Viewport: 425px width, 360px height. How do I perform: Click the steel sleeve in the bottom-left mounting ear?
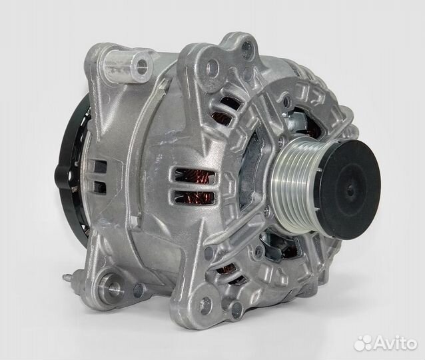(x=114, y=288)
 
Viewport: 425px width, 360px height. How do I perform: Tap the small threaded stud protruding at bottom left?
(x=69, y=277)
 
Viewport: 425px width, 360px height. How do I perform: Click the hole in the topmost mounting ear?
(x=247, y=46)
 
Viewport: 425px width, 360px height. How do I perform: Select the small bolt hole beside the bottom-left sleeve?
(x=139, y=290)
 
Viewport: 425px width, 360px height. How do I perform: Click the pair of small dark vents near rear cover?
(x=101, y=177)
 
